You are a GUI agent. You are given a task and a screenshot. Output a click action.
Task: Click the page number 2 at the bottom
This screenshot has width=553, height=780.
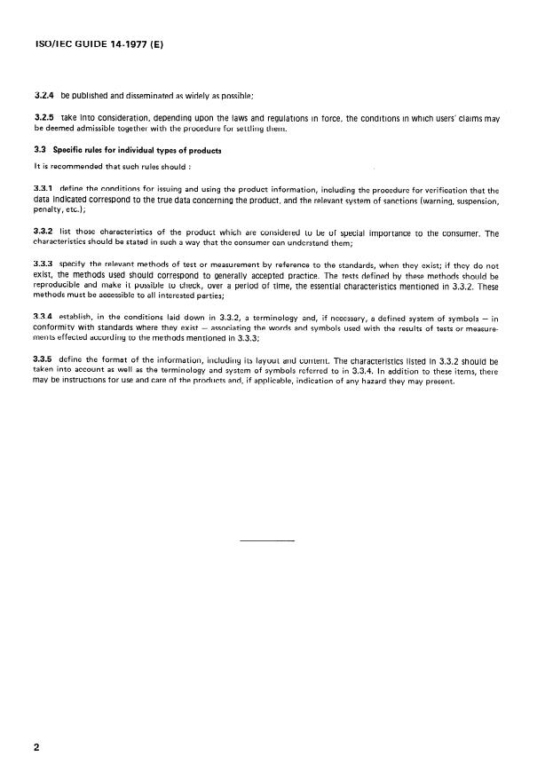(x=36, y=747)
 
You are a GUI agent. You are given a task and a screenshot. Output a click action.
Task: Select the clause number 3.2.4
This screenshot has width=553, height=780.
(x=43, y=94)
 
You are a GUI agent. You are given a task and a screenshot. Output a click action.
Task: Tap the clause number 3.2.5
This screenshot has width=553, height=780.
(x=43, y=118)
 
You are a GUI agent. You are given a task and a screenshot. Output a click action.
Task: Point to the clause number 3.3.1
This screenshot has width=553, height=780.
(x=43, y=190)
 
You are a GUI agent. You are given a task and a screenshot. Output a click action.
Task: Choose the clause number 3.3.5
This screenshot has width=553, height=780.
(x=43, y=362)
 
